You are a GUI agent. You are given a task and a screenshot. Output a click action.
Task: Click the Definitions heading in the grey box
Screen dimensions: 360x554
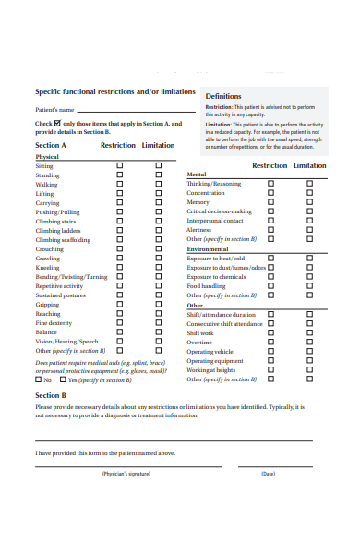tap(223, 96)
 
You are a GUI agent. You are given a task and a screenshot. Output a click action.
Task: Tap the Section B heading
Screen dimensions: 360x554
tap(51, 395)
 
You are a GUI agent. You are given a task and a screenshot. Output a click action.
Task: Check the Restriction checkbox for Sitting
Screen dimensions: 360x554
tap(119, 166)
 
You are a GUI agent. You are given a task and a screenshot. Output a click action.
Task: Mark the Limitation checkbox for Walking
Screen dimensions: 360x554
tap(158, 185)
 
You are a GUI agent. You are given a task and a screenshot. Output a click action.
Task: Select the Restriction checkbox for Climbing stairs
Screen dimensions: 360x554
tap(119, 222)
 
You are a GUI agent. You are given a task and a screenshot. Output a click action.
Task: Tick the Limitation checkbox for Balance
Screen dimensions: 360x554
tap(158, 332)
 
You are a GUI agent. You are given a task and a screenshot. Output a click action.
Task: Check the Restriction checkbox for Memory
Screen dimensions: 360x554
tap(270, 202)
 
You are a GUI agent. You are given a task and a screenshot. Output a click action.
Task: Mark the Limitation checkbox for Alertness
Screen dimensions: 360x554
tap(309, 230)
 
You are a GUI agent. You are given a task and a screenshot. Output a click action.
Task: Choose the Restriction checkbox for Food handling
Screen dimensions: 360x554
tap(270, 286)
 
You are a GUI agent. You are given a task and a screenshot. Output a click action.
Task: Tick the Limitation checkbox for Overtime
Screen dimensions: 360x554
tap(309, 343)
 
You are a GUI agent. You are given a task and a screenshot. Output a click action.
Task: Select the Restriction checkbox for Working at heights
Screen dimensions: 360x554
tap(270, 370)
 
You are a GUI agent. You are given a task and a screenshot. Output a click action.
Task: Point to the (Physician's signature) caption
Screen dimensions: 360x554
tap(126, 474)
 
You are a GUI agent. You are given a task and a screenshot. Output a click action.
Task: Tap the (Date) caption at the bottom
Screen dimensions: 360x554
tap(269, 474)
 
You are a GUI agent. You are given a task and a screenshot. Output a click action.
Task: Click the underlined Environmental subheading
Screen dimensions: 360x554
tap(208, 249)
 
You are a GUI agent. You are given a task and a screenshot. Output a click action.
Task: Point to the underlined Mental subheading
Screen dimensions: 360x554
tap(197, 175)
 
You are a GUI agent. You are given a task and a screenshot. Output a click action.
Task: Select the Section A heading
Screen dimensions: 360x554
tap(51, 146)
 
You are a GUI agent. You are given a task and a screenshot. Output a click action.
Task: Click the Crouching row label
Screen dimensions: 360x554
tap(50, 249)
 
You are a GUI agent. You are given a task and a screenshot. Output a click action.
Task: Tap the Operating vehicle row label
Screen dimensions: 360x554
tap(210, 352)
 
